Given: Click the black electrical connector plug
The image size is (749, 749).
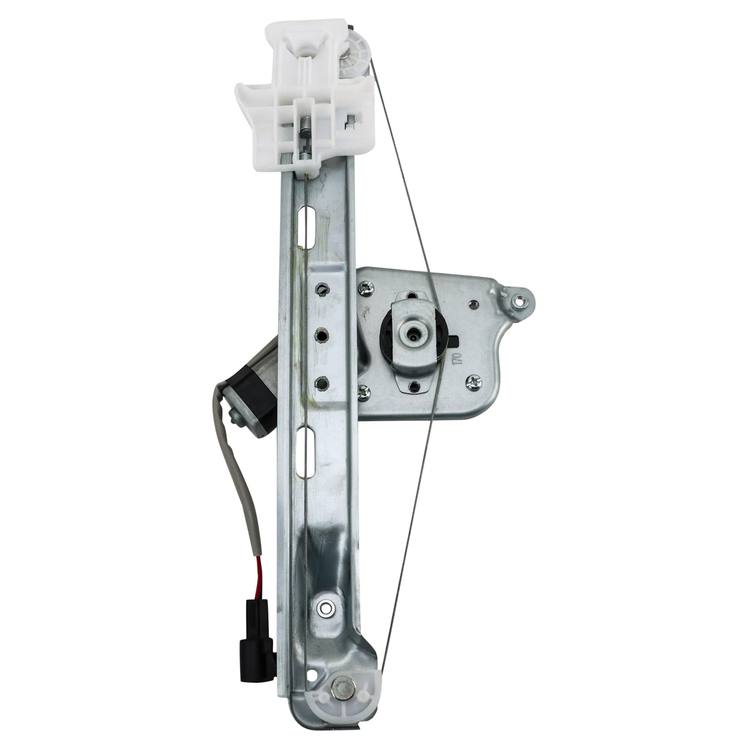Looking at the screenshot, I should (257, 652).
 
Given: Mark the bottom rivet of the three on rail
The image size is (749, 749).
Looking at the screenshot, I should (321, 383).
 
